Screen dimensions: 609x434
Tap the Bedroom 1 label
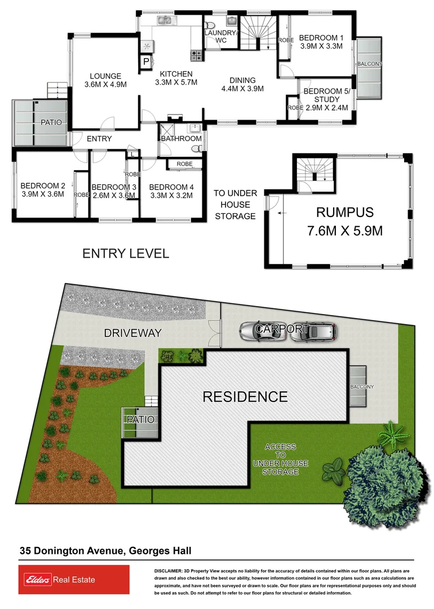(321, 38)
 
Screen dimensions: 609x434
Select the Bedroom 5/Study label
(326, 99)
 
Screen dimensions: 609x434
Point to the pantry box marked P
(146, 61)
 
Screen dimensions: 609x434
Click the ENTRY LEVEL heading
(126, 254)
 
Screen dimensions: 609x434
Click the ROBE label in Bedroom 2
(81, 195)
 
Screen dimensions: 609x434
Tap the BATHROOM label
(181, 139)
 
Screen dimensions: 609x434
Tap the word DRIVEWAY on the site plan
(133, 333)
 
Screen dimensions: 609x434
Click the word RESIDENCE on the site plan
(245, 396)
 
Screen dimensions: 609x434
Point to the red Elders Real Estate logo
(70, 580)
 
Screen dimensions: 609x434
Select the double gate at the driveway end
(214, 337)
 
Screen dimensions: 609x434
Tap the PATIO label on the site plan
(140, 420)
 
